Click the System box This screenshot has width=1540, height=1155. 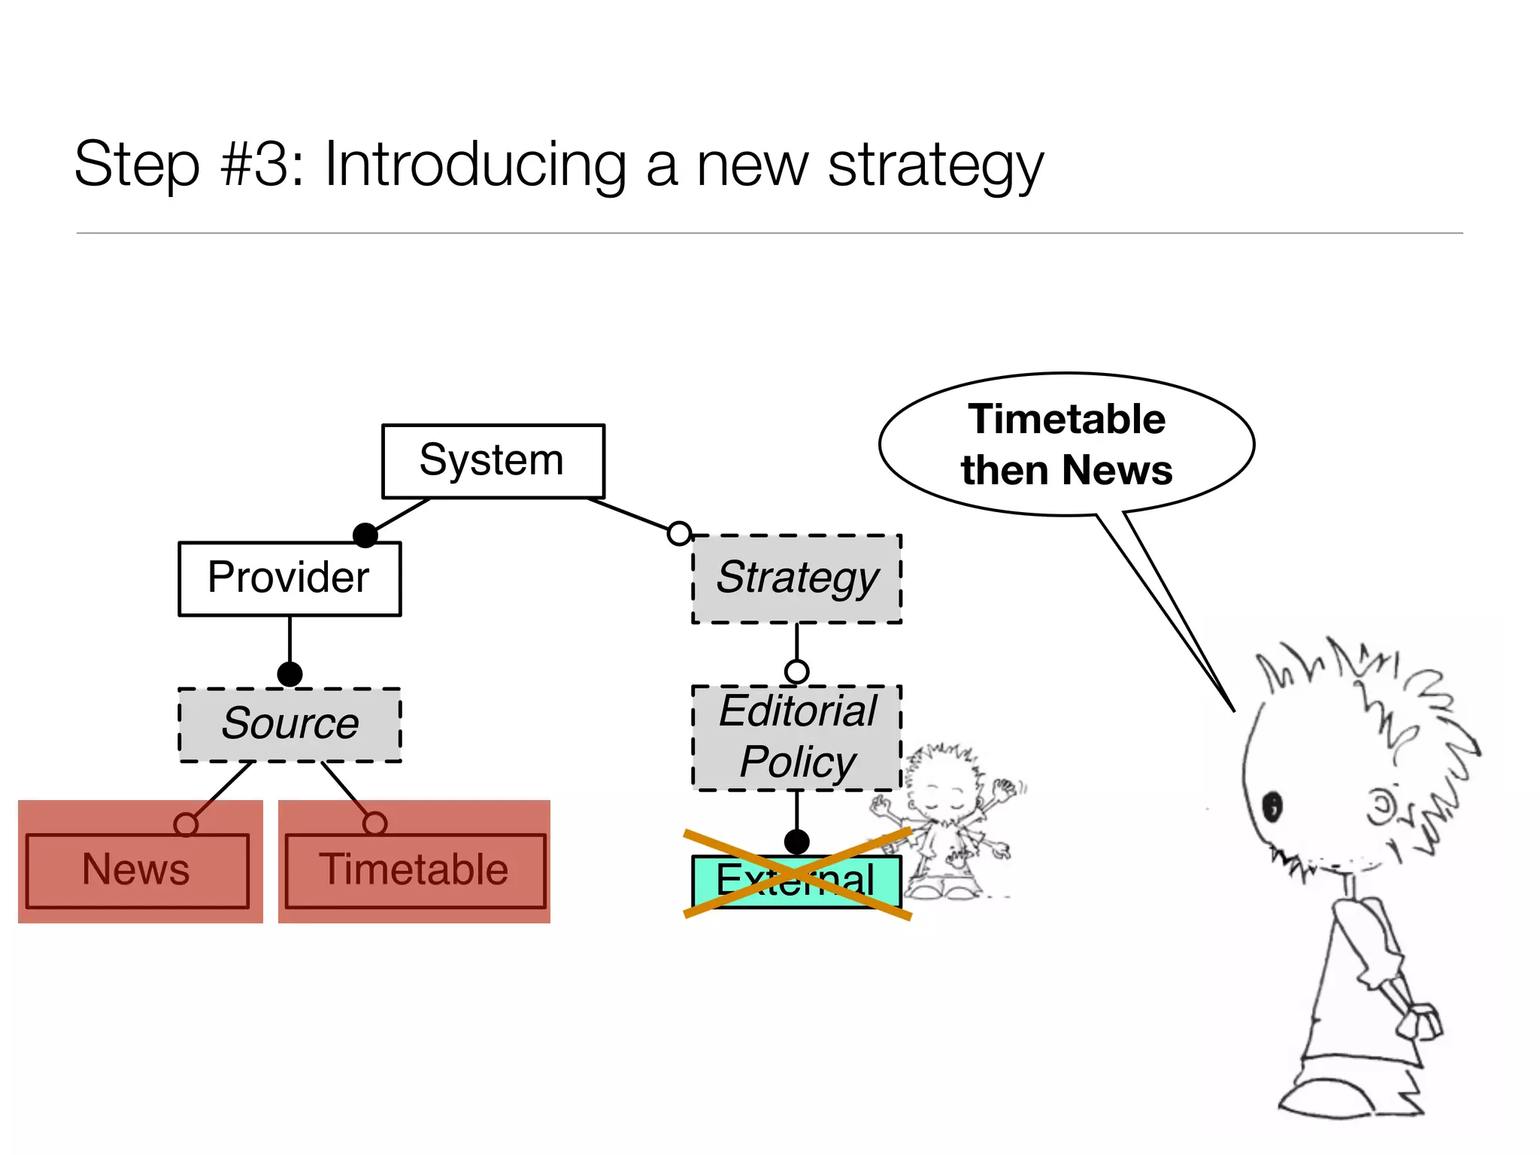point(493,461)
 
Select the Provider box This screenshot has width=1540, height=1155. point(290,578)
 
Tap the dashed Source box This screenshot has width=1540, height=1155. point(290,725)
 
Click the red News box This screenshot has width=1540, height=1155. point(137,871)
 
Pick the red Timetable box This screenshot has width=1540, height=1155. point(414,871)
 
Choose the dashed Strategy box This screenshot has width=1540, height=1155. point(796,578)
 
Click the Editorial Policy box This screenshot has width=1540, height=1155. point(796,737)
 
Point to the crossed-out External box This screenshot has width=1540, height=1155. point(796,881)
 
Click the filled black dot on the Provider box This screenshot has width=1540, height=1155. point(365,535)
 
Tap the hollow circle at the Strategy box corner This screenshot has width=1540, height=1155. point(679,533)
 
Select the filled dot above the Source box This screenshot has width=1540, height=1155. point(290,674)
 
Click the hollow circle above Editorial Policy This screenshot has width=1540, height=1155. point(796,671)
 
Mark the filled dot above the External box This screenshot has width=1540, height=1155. point(796,841)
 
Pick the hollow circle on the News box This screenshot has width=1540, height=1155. point(186,824)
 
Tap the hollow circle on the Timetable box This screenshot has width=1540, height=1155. point(374,823)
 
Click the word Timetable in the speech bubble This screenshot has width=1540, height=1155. point(1066,419)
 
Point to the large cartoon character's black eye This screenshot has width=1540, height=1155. point(1272,806)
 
